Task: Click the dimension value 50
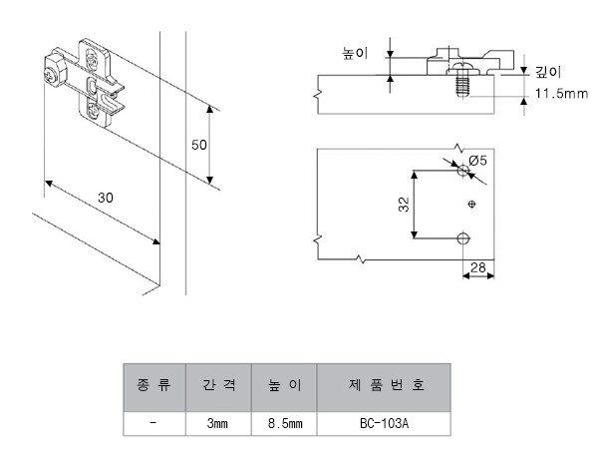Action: click(198, 145)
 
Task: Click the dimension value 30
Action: click(105, 198)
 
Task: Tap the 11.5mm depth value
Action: click(559, 93)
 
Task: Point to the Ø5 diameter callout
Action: click(476, 160)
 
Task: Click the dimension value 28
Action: click(477, 266)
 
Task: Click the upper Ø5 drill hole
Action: click(461, 173)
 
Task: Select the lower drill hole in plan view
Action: click(461, 238)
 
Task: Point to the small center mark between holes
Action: click(472, 206)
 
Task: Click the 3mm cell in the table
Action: click(218, 423)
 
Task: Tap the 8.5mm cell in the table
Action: click(284, 423)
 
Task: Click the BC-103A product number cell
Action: click(385, 423)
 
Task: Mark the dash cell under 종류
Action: click(154, 423)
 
